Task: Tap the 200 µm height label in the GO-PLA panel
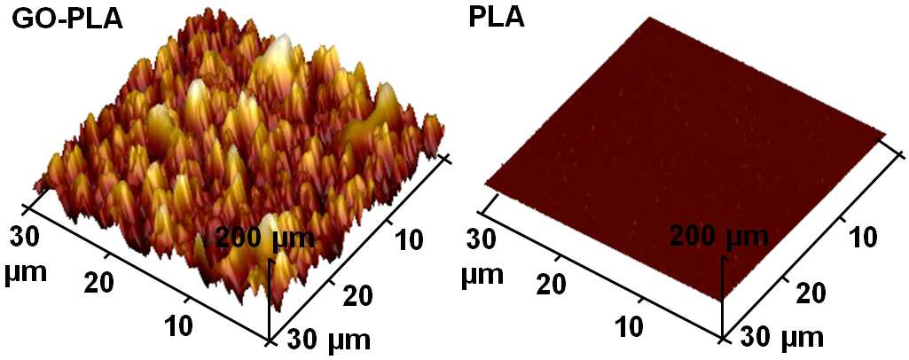[x=265, y=239]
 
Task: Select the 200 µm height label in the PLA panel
[x=719, y=239]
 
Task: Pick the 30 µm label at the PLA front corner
[x=781, y=338]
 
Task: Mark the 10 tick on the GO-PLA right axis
[x=411, y=238]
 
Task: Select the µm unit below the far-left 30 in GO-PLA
[x=25, y=271]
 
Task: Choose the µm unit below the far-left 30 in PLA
[x=482, y=275]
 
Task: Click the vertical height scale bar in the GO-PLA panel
[x=270, y=300]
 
